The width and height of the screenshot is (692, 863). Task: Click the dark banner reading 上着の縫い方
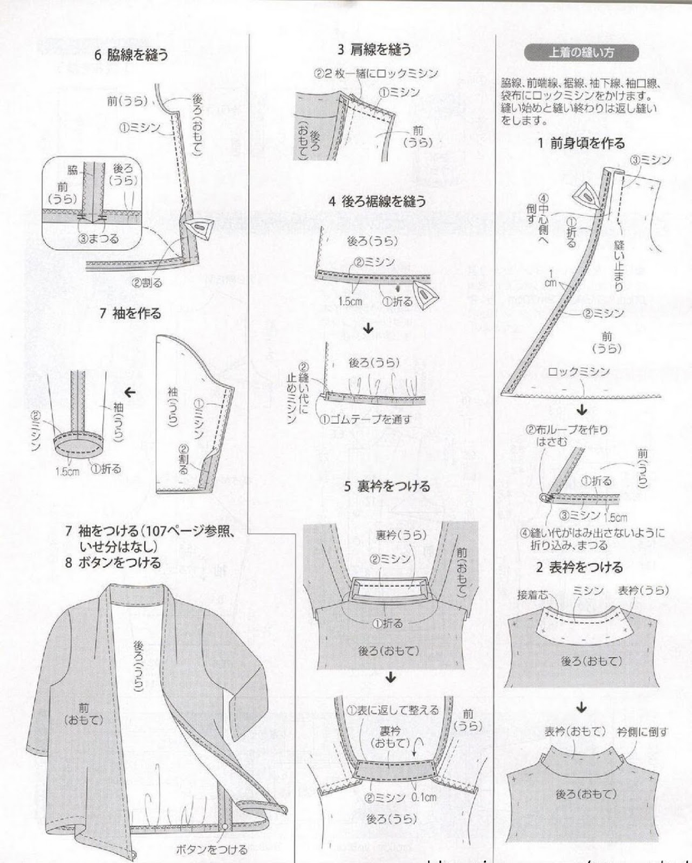(580, 53)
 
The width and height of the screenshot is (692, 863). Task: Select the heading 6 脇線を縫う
(131, 54)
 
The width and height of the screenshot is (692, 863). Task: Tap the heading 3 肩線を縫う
(374, 50)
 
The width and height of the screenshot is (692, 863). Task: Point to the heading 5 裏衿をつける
(387, 486)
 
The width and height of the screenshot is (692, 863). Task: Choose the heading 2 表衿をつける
(579, 567)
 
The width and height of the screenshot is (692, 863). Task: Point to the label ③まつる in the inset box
(99, 238)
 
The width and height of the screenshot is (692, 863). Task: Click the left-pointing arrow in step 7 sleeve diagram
(130, 392)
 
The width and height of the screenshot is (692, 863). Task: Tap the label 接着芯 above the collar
(533, 595)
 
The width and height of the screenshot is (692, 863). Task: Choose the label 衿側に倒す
(642, 732)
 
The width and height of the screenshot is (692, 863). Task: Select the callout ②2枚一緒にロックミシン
(376, 73)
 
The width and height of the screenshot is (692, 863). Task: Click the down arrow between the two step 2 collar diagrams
(581, 707)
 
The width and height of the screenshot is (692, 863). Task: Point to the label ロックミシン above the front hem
(578, 371)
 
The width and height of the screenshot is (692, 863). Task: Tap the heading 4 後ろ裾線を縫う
(377, 201)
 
